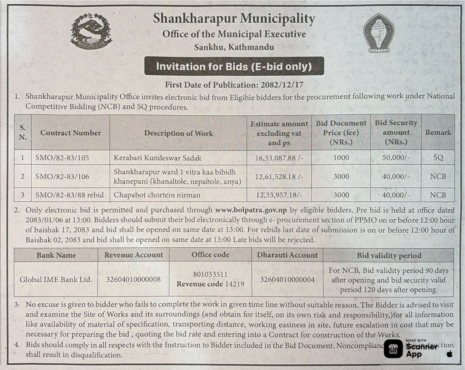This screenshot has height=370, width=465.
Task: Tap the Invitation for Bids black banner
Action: point(234,66)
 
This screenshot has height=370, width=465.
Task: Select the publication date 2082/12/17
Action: point(282,85)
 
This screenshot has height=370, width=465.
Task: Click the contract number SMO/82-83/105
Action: point(62,158)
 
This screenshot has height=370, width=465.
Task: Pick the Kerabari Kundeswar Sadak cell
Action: point(158,158)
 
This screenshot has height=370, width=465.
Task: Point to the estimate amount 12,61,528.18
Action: point(279,176)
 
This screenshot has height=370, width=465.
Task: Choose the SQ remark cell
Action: point(438,158)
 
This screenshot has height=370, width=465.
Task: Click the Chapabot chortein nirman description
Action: point(157,195)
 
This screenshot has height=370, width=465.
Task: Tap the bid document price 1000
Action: point(341,158)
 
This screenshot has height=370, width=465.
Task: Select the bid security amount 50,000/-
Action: point(396,158)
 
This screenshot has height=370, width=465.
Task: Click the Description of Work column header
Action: point(178,133)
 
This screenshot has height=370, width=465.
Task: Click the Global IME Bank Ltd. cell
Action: point(56,279)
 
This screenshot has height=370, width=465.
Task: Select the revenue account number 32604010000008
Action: point(133,279)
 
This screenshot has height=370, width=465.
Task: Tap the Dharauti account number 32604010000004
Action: point(287,279)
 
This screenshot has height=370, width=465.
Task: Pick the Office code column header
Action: point(210,255)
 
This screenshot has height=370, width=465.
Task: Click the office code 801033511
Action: point(210,274)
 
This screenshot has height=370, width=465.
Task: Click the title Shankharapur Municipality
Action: point(234,19)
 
